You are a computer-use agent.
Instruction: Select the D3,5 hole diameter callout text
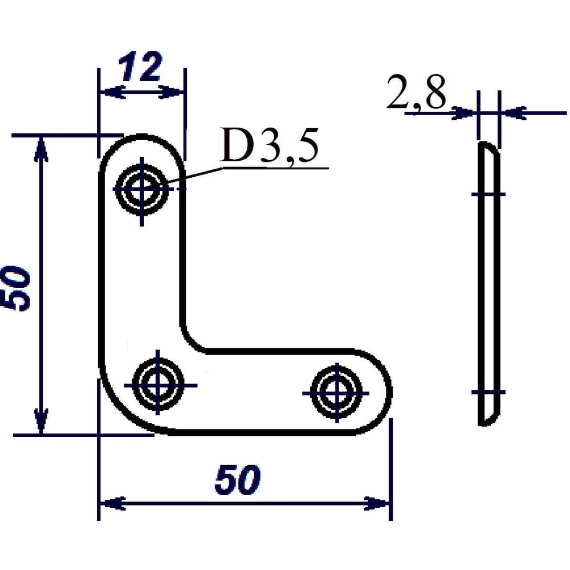(270, 146)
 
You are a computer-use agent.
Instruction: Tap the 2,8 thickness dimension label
(416, 92)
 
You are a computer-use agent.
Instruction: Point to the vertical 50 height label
(15, 288)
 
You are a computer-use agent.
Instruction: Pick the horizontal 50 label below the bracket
(238, 480)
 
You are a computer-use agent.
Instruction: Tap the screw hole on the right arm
(337, 393)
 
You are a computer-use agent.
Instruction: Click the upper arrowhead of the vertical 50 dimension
(41, 149)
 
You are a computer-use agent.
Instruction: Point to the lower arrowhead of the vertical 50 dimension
(41, 421)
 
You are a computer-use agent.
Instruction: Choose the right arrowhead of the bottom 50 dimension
(377, 503)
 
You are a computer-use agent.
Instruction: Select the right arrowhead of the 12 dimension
(171, 92)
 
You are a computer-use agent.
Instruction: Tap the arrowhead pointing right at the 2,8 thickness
(463, 113)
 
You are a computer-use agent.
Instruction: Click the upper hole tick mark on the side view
(488, 194)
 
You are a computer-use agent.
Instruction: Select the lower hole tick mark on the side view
(488, 392)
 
